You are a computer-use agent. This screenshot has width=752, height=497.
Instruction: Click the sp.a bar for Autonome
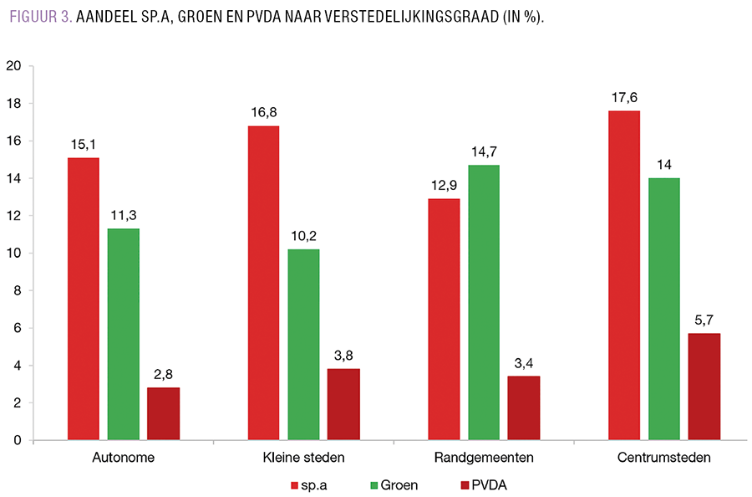(84, 299)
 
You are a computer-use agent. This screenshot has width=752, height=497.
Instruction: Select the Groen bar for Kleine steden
(303, 345)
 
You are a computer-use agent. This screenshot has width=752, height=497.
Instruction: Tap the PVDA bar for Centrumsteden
(704, 387)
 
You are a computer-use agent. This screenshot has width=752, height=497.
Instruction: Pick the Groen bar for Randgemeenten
(484, 302)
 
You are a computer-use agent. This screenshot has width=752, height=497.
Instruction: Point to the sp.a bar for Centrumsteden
(624, 275)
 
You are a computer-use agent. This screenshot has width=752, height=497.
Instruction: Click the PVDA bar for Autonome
(163, 413)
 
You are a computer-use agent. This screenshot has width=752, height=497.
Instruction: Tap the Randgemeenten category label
(484, 459)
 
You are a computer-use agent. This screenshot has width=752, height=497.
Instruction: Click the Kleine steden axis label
(303, 459)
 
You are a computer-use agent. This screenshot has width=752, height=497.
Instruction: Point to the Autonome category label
(123, 459)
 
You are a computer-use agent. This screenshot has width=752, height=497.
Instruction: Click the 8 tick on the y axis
(17, 290)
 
